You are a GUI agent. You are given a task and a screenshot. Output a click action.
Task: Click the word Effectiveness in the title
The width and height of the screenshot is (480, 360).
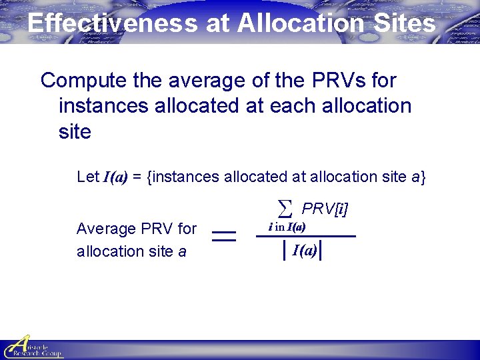coord(112,23)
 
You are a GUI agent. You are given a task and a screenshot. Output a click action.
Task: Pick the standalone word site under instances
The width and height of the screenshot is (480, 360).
coord(75,131)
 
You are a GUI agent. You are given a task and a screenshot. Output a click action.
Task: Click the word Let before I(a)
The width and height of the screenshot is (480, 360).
coord(87,177)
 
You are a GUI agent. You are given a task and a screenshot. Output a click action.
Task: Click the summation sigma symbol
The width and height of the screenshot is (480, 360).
coord(285,209)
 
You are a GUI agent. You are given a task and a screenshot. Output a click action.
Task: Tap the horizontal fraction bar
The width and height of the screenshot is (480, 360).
coord(306,237)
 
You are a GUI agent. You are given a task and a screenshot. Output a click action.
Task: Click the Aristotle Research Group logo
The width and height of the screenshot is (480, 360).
coord(32,347)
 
